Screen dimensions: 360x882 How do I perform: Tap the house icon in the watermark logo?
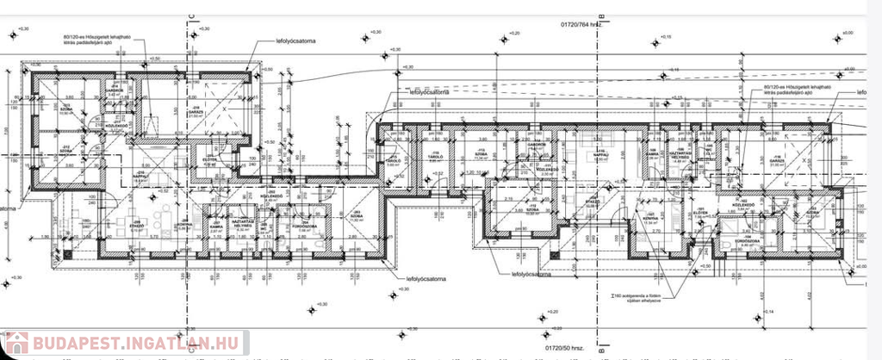point(16,344)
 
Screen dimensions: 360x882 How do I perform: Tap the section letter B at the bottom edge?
point(603,352)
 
